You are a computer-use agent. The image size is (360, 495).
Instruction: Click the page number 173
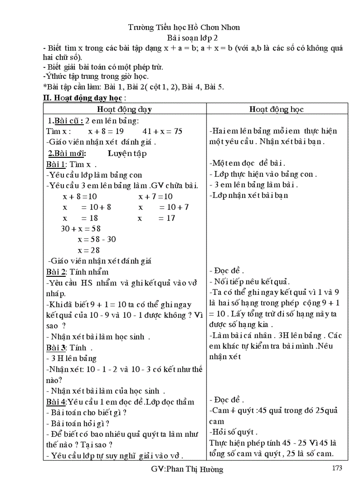[336, 468]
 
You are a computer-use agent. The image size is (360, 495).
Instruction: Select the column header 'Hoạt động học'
[276, 109]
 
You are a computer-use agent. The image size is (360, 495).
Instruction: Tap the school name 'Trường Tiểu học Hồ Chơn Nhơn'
[184, 27]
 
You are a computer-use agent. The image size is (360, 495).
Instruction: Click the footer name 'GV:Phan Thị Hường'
[187, 469]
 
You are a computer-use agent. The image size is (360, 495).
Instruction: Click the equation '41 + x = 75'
[162, 131]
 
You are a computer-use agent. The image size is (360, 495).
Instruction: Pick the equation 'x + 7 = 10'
[155, 196]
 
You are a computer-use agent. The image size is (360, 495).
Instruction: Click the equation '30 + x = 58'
[81, 229]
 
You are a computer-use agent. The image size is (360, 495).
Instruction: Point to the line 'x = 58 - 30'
[97, 239]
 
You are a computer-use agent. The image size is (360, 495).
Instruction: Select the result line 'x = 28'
[89, 250]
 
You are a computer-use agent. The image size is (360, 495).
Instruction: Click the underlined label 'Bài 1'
[56, 164]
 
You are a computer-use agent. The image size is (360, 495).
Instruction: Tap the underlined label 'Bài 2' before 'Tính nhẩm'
[56, 272]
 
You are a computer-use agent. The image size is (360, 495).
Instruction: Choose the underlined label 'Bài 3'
[56, 347]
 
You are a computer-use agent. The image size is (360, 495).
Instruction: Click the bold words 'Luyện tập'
[127, 153]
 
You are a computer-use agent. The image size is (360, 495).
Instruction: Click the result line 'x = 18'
[80, 218]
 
